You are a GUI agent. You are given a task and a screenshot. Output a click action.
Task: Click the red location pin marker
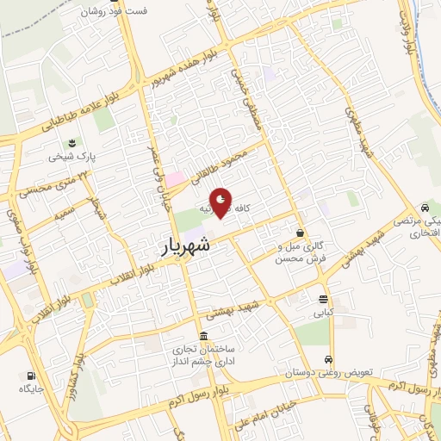pos(221,203)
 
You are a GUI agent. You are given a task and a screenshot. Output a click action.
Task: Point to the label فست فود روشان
pos(115,12)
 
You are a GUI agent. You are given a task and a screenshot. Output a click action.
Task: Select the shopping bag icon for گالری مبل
pos(300,233)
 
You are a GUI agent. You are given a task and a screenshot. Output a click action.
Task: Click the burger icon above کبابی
pos(322,300)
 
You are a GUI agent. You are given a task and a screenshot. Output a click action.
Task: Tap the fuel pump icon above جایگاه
pos(31,376)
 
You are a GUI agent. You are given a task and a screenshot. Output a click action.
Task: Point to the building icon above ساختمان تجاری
pos(202,336)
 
